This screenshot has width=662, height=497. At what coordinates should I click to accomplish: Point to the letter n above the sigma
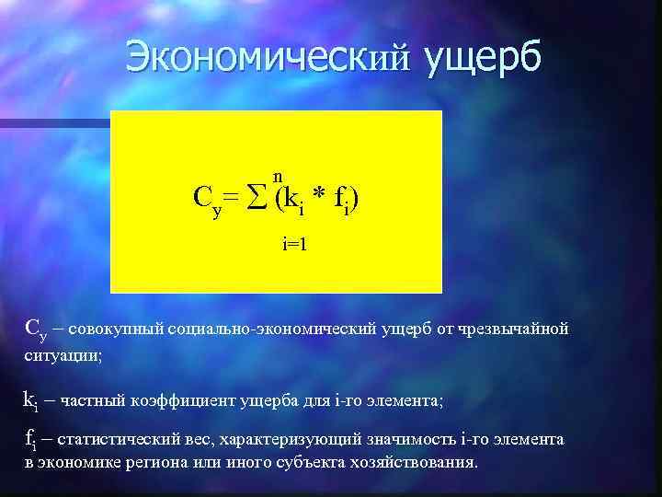pos(277,176)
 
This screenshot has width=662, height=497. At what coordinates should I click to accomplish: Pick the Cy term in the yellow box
pos(206,199)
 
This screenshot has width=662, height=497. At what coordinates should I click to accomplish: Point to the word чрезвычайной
pos(518,329)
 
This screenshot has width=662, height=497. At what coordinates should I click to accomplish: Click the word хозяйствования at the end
pos(417,461)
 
